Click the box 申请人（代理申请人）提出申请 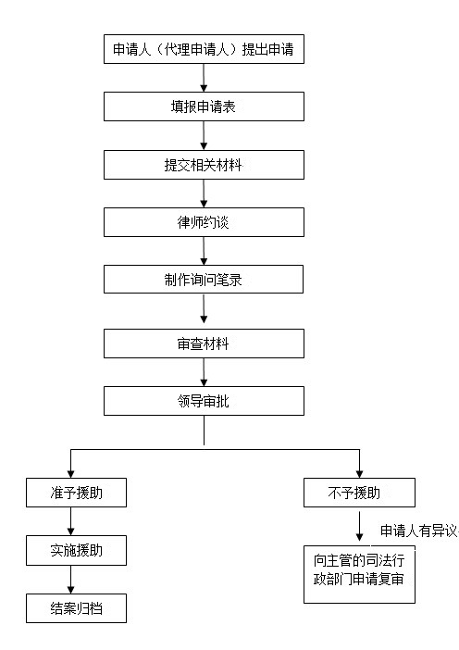click(x=204, y=49)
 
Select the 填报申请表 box click(x=204, y=106)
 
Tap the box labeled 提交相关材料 click(x=204, y=165)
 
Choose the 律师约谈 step click(x=204, y=222)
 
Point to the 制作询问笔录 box click(x=204, y=280)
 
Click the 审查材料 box click(x=204, y=344)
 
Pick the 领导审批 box click(x=204, y=401)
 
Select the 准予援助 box click(x=76, y=493)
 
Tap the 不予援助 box click(x=359, y=493)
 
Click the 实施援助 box click(x=76, y=550)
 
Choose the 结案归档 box click(x=76, y=608)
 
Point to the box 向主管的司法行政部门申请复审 click(x=359, y=574)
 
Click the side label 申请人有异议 click(x=419, y=531)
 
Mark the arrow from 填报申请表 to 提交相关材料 click(x=204, y=135)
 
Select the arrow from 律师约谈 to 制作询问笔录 click(x=204, y=251)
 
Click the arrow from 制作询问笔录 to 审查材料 click(x=204, y=309)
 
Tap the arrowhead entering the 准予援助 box click(x=71, y=474)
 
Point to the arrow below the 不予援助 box click(x=359, y=526)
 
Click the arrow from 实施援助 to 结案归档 click(x=71, y=580)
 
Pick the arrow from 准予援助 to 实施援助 click(x=71, y=521)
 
